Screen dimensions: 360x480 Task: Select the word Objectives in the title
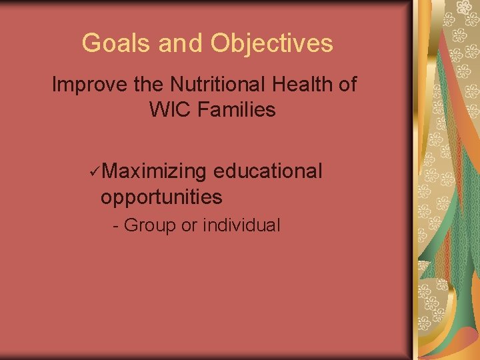(x=272, y=43)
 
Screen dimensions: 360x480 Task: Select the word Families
(x=236, y=109)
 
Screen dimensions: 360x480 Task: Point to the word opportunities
(x=161, y=197)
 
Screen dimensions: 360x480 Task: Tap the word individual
(x=241, y=225)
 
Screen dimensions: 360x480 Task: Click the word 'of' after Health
(x=347, y=85)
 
